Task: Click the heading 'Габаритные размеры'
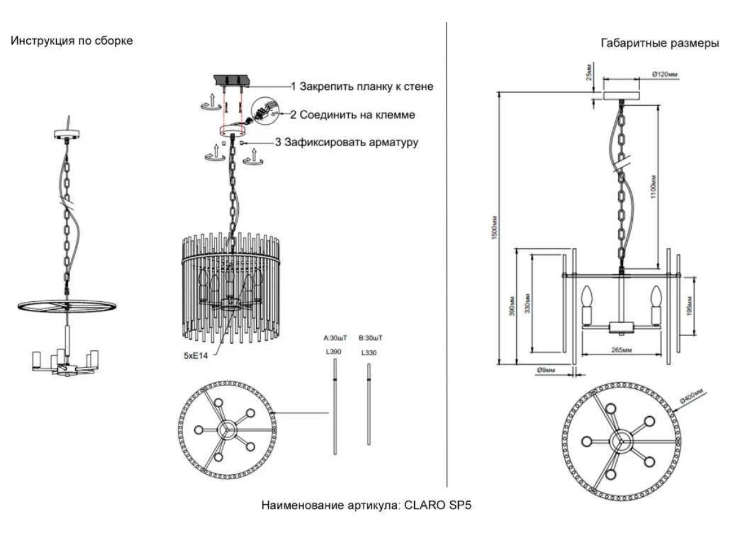660,44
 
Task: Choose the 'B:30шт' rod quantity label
370,338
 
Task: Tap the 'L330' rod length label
369,353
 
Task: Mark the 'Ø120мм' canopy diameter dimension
664,75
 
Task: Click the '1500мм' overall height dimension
495,229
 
